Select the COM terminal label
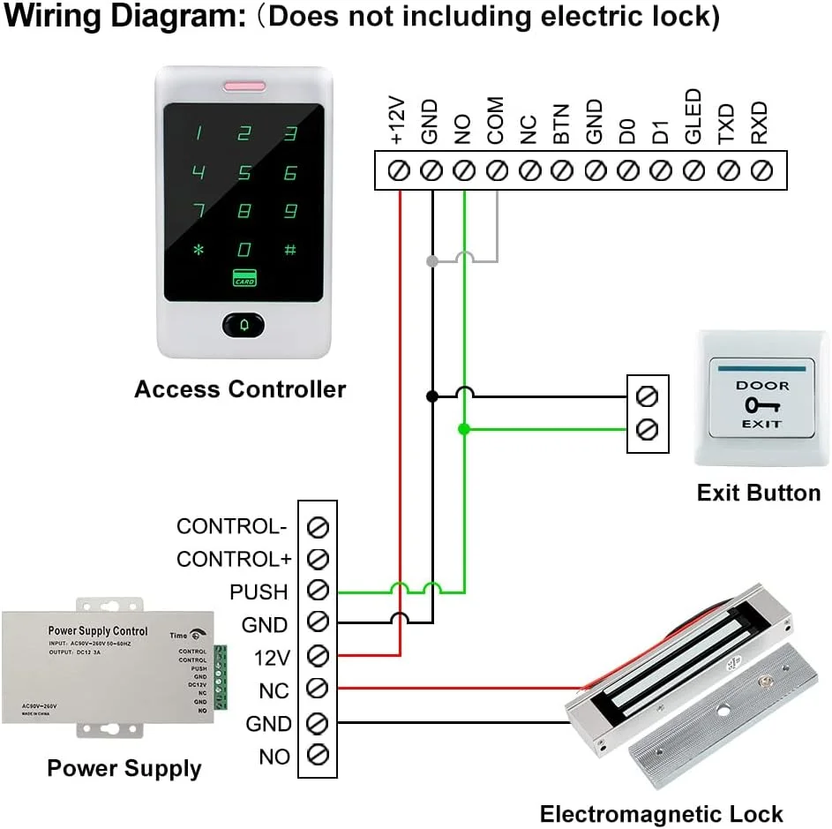pyautogui.click(x=495, y=121)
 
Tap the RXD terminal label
pyautogui.click(x=759, y=123)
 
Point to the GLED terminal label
pyautogui.click(x=693, y=117)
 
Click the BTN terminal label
pyautogui.click(x=561, y=124)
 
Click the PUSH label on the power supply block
pyautogui.click(x=259, y=592)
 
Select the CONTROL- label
pyautogui.click(x=232, y=526)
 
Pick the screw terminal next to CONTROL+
pyautogui.click(x=318, y=559)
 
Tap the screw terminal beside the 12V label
pyautogui.click(x=318, y=656)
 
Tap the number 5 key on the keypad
pyautogui.click(x=244, y=173)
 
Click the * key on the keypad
pyautogui.click(x=199, y=250)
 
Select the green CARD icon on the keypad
pyautogui.click(x=244, y=278)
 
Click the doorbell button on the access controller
pyautogui.click(x=244, y=324)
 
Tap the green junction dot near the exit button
pyautogui.click(x=463, y=429)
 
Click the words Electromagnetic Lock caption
pyautogui.click(x=661, y=814)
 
